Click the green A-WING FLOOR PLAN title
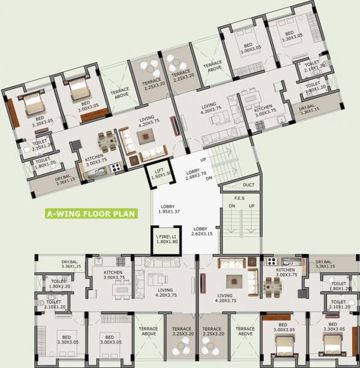pyautogui.click(x=92, y=214)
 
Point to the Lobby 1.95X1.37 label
pyautogui.click(x=172, y=209)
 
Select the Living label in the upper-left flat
pyautogui.click(x=147, y=121)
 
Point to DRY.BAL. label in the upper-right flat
pyautogui.click(x=310, y=111)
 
